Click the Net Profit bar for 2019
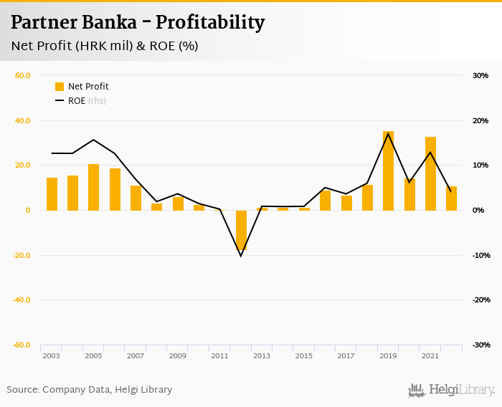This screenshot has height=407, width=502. [388, 171]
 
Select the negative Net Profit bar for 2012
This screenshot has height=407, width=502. [241, 230]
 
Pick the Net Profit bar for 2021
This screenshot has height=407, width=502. [430, 173]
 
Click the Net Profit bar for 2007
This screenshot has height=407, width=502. [136, 198]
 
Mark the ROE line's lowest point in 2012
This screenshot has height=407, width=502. [241, 256]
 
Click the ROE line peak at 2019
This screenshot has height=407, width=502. [388, 134]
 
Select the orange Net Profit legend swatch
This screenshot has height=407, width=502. [60, 87]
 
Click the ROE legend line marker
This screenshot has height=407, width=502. [60, 101]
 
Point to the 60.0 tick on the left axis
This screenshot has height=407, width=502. [22, 75]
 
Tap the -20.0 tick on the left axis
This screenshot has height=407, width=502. [21, 255]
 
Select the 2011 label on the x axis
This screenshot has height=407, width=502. [219, 356]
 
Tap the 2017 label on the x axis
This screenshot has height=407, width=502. [346, 356]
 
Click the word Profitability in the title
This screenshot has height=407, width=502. [210, 23]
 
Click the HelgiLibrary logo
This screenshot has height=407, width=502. [451, 391]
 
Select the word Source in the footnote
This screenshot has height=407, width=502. [23, 390]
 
